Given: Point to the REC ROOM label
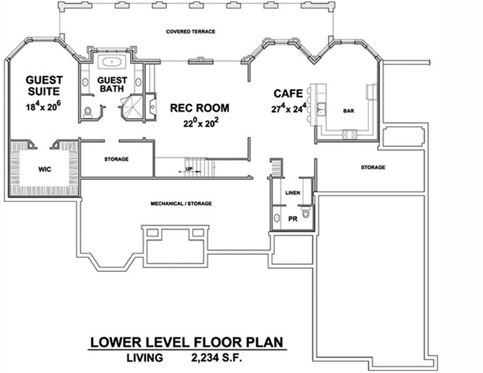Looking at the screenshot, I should pos(199,107).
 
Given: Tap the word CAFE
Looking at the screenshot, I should pos(288,93).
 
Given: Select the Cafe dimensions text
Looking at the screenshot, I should pos(289,107).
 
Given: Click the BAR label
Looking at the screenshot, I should pos(348,111).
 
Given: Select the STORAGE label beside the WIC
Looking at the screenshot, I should pos(117,159).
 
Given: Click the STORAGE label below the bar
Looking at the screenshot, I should pos(373,167).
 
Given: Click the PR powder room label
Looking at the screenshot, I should pos(290,218).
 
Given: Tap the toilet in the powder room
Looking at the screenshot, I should pos(306,214).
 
